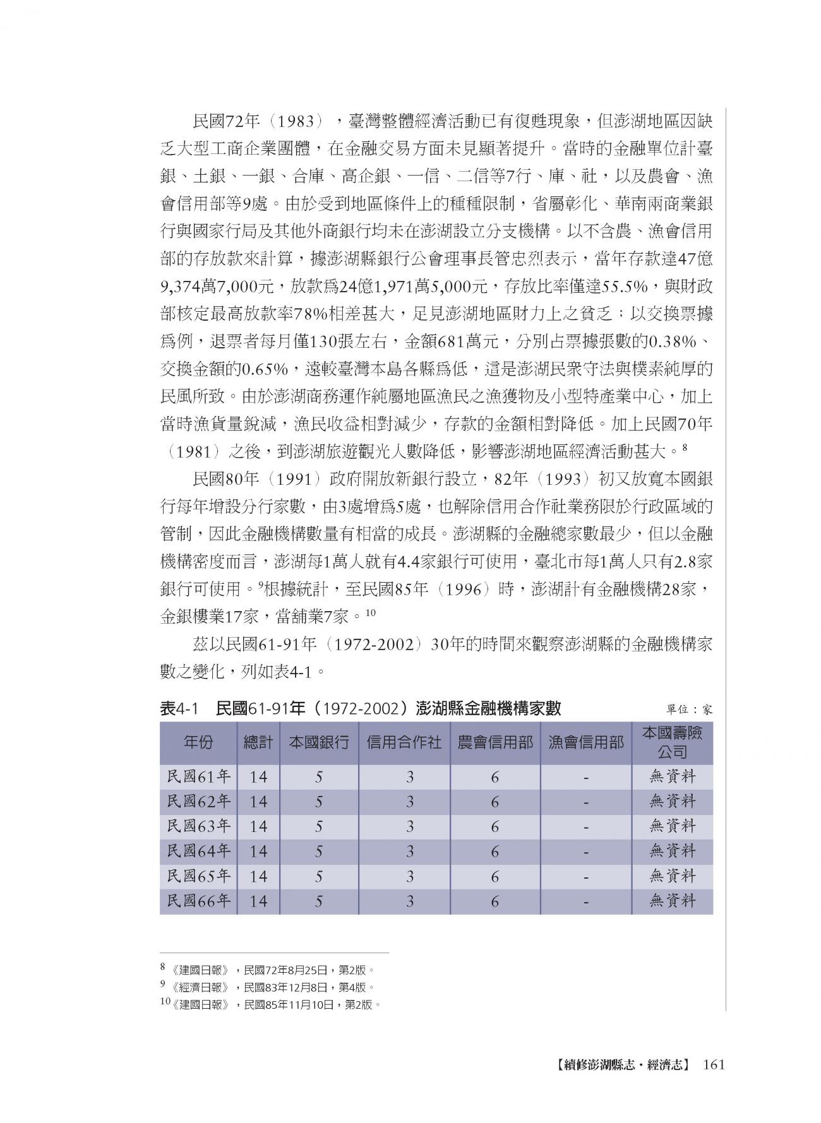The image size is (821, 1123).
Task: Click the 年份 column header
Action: pyautogui.click(x=198, y=742)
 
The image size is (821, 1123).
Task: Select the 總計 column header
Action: pyautogui.click(x=258, y=742)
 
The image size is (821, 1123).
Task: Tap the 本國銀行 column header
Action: pyautogui.click(x=319, y=742)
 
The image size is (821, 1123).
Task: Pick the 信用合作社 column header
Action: pyautogui.click(x=404, y=742)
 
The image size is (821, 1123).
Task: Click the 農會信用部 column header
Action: pyautogui.click(x=495, y=742)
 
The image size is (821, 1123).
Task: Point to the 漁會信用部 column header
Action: pyautogui.click(x=586, y=742)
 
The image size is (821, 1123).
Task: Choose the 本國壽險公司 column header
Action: pyautogui.click(x=672, y=742)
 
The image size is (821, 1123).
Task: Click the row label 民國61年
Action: pyautogui.click(x=198, y=776)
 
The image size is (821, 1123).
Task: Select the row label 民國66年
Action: pyautogui.click(x=198, y=901)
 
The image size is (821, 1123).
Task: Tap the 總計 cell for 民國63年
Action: pyautogui.click(x=258, y=826)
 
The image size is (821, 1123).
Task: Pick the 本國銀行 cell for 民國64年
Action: pyautogui.click(x=319, y=852)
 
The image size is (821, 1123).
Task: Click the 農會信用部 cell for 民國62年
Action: pyautogui.click(x=495, y=802)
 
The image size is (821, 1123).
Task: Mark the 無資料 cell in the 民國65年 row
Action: pyautogui.click(x=672, y=876)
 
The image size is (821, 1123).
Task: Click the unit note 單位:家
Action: pyautogui.click(x=689, y=710)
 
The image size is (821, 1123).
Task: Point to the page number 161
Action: pyautogui.click(x=712, y=1065)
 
